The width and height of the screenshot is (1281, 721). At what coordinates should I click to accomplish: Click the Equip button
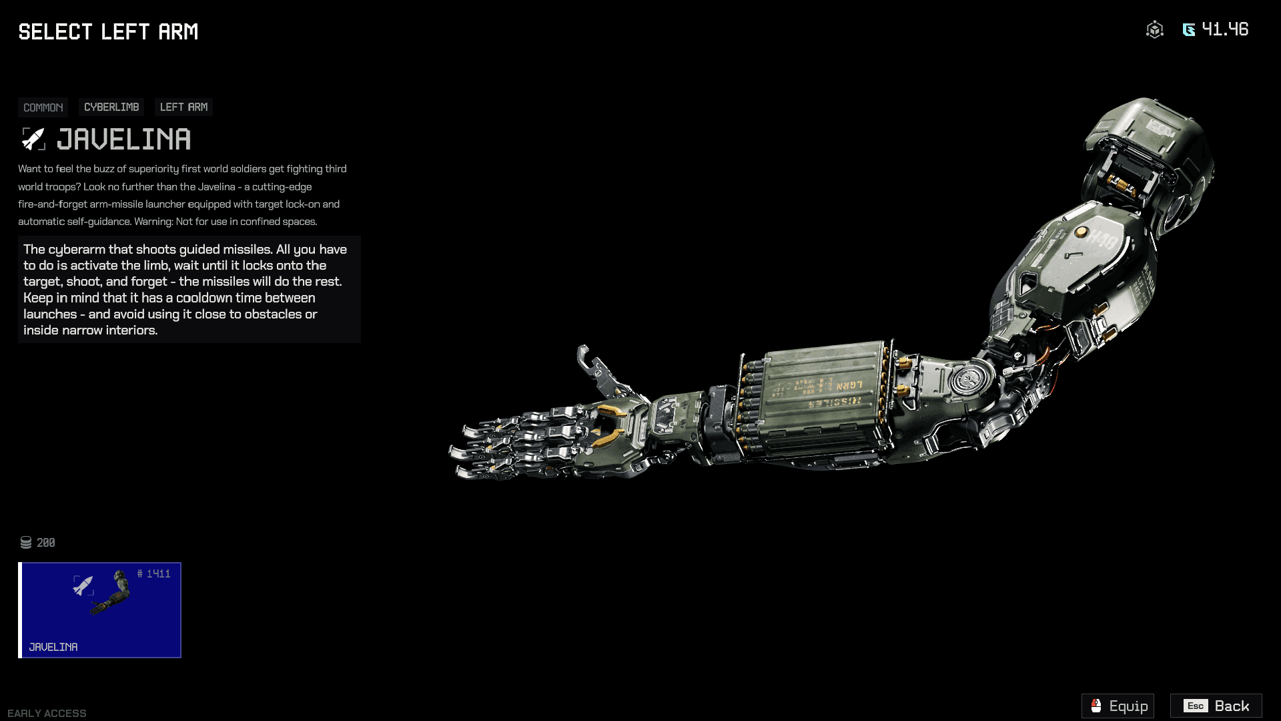[x=1118, y=706]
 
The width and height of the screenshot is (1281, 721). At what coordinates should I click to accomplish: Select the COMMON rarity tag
[x=43, y=107]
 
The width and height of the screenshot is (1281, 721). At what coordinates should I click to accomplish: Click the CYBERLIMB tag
[x=111, y=107]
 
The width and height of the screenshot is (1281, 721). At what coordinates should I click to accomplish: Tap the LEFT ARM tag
[x=183, y=107]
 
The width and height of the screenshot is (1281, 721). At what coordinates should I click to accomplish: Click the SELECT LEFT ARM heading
[x=108, y=32]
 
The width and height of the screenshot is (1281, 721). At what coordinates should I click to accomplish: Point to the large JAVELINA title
[x=124, y=140]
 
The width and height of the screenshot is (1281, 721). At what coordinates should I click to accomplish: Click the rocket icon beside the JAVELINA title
[x=33, y=139]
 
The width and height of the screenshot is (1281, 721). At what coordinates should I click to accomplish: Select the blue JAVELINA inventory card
[x=100, y=610]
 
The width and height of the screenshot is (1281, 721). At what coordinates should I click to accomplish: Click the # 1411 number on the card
[x=154, y=574]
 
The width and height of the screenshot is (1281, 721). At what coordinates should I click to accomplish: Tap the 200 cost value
[x=46, y=543]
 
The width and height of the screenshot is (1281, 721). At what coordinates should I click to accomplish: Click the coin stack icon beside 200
[x=26, y=543]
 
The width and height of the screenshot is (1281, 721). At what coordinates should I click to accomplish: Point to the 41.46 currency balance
[x=1225, y=29]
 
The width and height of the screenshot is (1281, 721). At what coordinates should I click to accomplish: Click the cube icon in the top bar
[x=1154, y=29]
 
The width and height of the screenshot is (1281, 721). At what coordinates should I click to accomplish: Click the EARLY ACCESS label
[x=47, y=713]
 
